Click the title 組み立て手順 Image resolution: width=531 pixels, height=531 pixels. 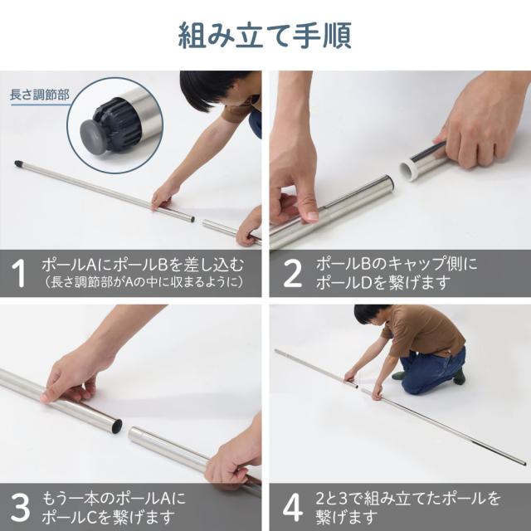click(x=265, y=36)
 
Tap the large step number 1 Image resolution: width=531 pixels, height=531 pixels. click(x=18, y=274)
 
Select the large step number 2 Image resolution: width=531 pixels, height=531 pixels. click(x=292, y=274)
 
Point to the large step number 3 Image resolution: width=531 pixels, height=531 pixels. click(x=20, y=508)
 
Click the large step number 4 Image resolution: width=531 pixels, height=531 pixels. click(x=293, y=508)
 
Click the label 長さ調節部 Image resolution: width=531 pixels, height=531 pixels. click(x=40, y=95)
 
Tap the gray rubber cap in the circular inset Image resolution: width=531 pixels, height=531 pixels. click(x=92, y=136)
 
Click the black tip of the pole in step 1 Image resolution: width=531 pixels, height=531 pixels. click(x=18, y=164)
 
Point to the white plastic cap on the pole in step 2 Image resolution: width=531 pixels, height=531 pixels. click(x=411, y=169)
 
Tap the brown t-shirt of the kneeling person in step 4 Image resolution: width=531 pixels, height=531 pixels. click(x=423, y=330)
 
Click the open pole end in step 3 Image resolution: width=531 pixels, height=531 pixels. click(x=116, y=426)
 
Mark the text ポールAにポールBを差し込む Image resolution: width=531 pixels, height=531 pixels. click(x=143, y=265)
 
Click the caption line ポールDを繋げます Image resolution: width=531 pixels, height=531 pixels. click(x=382, y=282)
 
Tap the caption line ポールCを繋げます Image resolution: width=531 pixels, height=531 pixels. click(x=108, y=517)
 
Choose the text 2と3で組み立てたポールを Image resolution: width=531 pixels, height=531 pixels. click(x=408, y=499)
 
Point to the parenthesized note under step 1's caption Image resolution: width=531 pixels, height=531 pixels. click(x=143, y=282)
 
